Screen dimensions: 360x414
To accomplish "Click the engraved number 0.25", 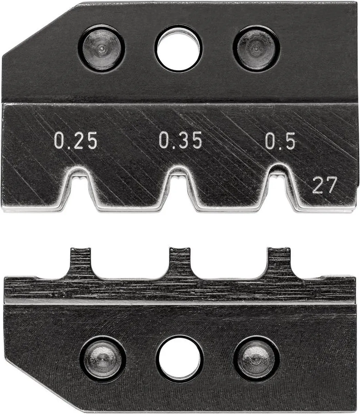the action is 76,140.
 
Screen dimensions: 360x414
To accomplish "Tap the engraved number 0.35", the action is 180,140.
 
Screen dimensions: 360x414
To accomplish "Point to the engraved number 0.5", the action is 280,141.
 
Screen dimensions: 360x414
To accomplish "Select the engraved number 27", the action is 325,185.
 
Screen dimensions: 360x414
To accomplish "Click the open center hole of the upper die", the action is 178,49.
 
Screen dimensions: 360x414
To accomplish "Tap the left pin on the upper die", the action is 101,49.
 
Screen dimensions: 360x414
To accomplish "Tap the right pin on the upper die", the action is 256,49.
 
